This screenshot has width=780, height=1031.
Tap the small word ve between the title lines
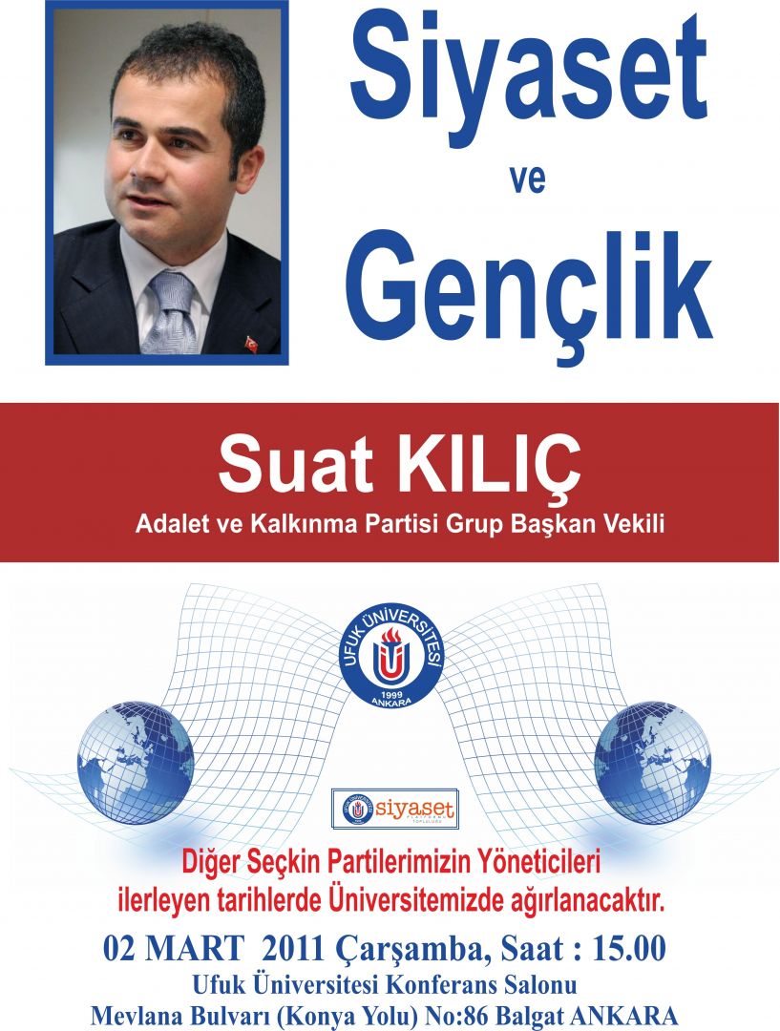(527, 179)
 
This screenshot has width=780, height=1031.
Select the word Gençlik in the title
(529, 295)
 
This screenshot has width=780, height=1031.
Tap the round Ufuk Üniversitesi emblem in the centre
(392, 654)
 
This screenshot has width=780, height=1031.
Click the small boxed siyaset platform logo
(394, 809)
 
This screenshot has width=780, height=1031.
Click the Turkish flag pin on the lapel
(251, 345)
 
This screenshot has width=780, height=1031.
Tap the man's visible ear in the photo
(246, 169)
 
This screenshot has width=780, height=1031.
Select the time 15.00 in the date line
(629, 950)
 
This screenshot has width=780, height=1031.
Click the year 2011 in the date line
(293, 950)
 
